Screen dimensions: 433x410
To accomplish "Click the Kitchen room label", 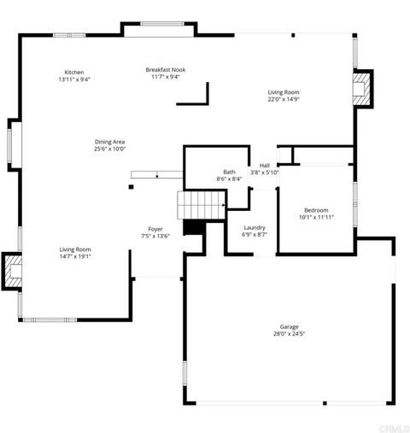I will [x=74, y=73].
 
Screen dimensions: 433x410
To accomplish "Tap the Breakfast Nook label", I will [x=166, y=70].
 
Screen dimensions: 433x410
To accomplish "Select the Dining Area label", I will [x=110, y=141].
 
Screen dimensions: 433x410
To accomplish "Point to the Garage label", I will [x=289, y=326].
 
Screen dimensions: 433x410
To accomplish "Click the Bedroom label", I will [x=316, y=210].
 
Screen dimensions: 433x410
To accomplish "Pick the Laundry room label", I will [x=254, y=227].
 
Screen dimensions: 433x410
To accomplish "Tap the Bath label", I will [x=229, y=172].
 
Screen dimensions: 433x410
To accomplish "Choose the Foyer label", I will [x=155, y=229].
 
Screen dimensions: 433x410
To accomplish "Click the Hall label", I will [x=265, y=165].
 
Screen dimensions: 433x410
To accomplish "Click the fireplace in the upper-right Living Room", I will [x=364, y=88].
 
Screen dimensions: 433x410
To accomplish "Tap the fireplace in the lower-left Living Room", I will [x=13, y=272].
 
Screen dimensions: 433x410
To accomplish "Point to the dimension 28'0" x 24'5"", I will [x=289, y=334].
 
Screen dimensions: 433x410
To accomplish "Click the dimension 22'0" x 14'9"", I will [x=284, y=99].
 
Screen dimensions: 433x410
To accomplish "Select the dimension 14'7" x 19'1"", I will [x=75, y=256].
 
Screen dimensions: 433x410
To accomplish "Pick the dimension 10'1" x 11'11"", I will [x=316, y=217].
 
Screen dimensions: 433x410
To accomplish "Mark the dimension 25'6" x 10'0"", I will [x=110, y=149].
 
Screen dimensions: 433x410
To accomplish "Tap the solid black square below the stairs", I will [x=192, y=227].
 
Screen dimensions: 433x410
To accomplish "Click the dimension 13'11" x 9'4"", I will [x=74, y=79].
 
